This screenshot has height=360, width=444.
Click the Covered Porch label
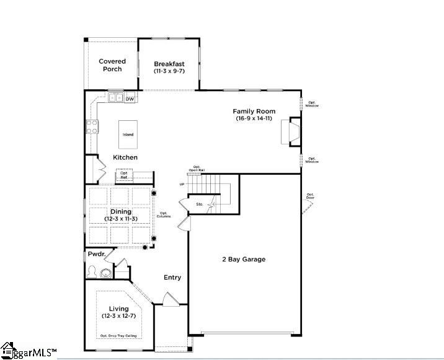pos(112,65)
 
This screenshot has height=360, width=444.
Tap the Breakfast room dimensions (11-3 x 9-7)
pos(169,71)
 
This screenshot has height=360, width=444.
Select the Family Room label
pos(254,112)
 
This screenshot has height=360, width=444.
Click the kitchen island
pos(128,134)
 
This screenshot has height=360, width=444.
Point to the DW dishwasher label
pos(130,98)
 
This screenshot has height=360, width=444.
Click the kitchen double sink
pos(115,98)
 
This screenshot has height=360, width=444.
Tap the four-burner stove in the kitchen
pos(91,128)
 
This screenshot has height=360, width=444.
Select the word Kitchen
pos(125,157)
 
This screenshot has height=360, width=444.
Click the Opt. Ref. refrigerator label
pos(124,175)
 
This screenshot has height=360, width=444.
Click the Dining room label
pos(121,212)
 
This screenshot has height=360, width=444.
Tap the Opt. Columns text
pos(164,214)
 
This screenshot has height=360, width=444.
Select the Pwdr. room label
pos(96,254)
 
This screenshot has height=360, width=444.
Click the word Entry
pos(172,277)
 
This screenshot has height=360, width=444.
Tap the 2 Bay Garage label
pos(244,259)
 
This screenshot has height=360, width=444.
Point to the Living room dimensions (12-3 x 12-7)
pos(119,316)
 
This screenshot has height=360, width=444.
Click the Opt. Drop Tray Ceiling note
pos(120,336)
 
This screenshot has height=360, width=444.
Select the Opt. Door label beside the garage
pos(310,196)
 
